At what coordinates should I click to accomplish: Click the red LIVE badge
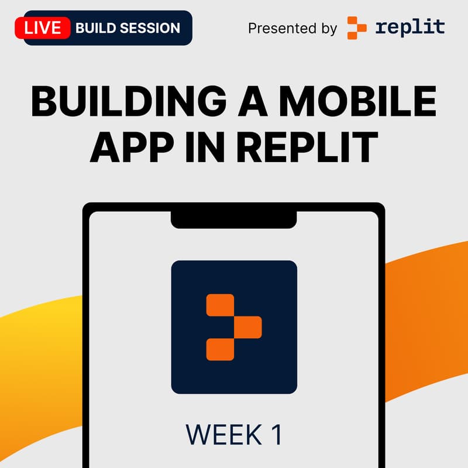click(43, 27)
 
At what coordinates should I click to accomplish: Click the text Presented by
click(292, 28)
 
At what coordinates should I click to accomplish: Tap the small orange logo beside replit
click(357, 27)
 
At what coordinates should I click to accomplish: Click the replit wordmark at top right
click(410, 27)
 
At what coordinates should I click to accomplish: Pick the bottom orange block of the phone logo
click(220, 349)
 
